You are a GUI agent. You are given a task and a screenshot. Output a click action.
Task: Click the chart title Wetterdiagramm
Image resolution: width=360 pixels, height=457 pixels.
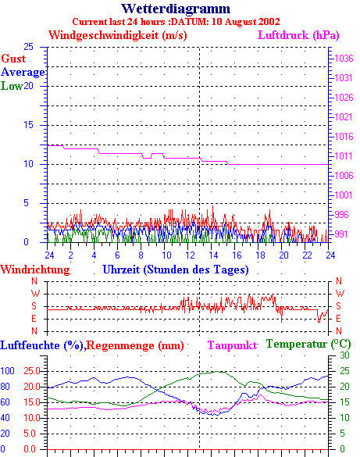pos(176,9)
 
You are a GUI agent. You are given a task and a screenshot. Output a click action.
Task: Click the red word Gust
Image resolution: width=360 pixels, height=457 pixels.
pos(13,59)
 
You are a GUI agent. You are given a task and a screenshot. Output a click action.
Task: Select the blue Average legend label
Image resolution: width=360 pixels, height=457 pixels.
pos(23,73)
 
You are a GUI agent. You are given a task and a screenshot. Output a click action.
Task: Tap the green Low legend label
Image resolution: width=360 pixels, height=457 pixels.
pos(12,86)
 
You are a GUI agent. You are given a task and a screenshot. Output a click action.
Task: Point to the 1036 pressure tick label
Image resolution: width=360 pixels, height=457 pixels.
pos(344,59)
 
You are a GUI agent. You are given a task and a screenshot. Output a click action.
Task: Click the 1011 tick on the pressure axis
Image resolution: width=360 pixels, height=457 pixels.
pos(344,156)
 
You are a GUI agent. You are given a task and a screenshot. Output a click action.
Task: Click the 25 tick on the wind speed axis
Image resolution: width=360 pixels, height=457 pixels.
pos(29,47)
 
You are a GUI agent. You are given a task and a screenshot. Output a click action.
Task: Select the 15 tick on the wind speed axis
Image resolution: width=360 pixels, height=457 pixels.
pos(29,125)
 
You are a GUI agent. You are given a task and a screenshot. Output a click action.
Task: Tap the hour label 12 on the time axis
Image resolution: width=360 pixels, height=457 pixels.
pos(190,255)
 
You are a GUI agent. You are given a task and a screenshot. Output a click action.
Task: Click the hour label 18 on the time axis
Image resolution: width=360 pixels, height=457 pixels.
pos(260,255)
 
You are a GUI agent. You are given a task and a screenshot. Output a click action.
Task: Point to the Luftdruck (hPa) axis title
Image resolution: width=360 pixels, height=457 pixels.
pos(298,36)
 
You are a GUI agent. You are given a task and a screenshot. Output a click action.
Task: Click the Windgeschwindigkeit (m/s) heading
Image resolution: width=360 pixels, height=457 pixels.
pos(118,36)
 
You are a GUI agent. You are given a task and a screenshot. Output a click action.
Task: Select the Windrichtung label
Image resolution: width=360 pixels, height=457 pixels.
pos(35,270)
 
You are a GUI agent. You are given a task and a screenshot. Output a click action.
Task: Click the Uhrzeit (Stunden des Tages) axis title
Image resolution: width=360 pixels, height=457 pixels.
pos(176,270)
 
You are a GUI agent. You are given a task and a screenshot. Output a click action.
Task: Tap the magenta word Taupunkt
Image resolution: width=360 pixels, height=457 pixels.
pos(233,345)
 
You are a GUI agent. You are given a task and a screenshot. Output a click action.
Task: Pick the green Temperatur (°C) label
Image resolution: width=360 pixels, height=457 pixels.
pos(308,345)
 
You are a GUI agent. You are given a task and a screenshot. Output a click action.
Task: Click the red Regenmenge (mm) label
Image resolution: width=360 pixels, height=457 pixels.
pos(135,345)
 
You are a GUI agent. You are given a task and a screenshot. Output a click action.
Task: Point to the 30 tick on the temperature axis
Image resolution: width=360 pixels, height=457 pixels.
pos(344,355)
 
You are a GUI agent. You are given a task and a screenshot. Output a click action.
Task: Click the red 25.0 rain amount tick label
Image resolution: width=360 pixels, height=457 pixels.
pos(32,371)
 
